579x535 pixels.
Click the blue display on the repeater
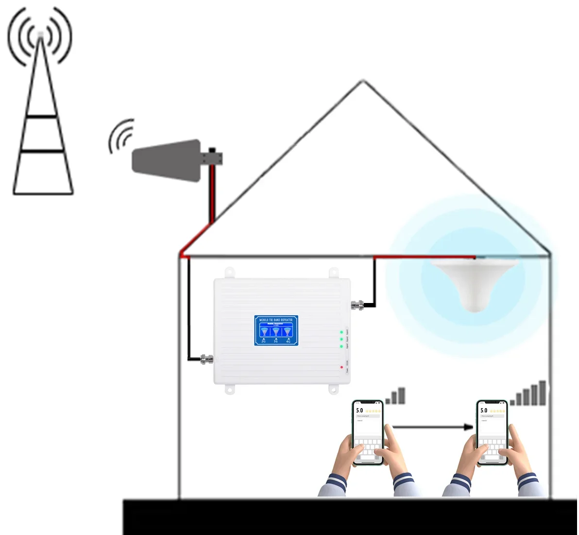[x=276, y=331]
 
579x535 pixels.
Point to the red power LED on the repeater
[x=342, y=367]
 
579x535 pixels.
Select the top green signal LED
[x=342, y=332]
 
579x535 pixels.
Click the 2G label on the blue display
[x=263, y=341]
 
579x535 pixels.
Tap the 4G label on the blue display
[x=289, y=341]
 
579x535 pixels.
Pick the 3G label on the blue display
[x=276, y=341]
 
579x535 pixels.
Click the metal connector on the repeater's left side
[x=207, y=359]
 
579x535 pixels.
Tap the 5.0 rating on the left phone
[x=359, y=411]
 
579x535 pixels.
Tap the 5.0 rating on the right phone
[x=483, y=411]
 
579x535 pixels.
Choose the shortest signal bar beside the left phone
[x=389, y=400]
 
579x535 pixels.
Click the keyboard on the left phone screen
[x=368, y=449]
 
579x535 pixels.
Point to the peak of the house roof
[x=363, y=81]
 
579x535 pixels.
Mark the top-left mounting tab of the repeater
[x=229, y=273]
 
